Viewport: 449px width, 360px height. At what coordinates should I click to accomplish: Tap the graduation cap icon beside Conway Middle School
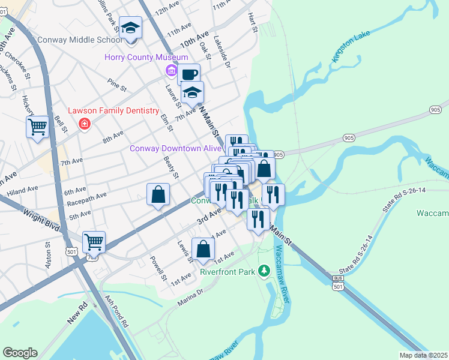(x=130, y=28)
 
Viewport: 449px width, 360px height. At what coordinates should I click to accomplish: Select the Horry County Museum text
(x=139, y=58)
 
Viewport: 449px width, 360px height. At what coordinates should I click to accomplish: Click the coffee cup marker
(x=188, y=74)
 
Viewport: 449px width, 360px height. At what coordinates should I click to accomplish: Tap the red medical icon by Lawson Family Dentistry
(x=85, y=124)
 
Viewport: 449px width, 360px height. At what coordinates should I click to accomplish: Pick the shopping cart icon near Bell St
(x=37, y=127)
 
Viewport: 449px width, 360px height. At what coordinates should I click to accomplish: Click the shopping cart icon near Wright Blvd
(x=94, y=242)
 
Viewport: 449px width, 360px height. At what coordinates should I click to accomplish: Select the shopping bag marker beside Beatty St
(x=158, y=194)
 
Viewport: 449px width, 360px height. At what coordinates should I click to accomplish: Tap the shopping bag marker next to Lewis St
(x=203, y=248)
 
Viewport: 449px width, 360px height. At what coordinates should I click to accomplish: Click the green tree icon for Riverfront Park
(x=264, y=272)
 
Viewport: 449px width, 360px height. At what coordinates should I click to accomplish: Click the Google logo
(x=20, y=353)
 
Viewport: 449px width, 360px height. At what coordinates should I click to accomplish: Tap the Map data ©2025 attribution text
(x=423, y=355)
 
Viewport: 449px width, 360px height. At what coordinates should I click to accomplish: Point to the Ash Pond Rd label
(x=116, y=311)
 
